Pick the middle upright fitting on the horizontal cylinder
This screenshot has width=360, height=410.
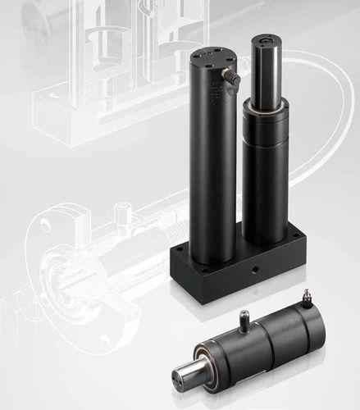(x=245, y=318)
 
